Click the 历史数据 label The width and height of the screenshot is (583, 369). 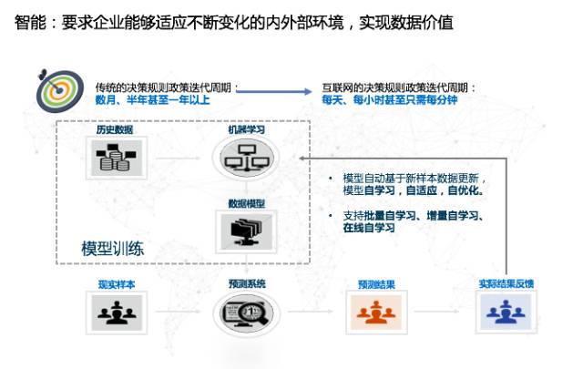[x=114, y=130]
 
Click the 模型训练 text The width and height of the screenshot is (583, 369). [x=111, y=249]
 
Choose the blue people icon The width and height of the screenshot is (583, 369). [x=506, y=313]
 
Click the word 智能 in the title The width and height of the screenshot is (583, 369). [x=29, y=21]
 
